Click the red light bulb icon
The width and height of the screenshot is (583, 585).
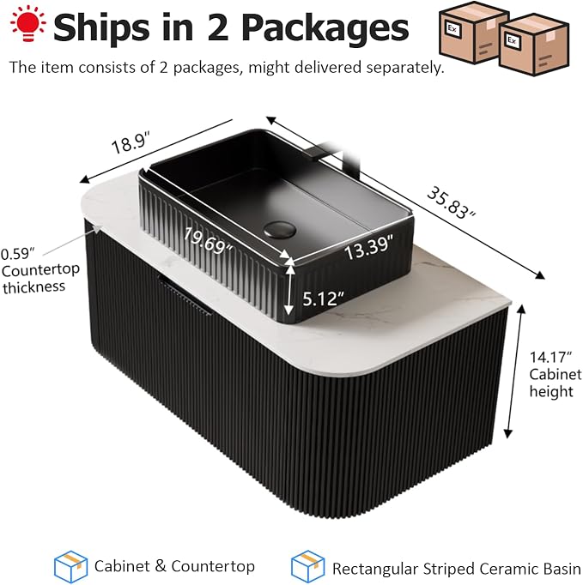point(28,23)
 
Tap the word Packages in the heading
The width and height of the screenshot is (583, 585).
point(325,28)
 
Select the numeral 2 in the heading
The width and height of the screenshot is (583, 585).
point(218,27)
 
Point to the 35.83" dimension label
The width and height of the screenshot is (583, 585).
point(451,202)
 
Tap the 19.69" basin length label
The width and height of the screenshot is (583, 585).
point(208,241)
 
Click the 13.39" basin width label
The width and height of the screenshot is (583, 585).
point(369,247)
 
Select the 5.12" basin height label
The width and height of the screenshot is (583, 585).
point(323,299)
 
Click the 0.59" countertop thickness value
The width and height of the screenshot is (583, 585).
point(18,254)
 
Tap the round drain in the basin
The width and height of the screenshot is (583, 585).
point(280,229)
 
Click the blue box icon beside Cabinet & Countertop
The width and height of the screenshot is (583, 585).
point(71,566)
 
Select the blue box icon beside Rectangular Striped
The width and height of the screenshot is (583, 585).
point(307,566)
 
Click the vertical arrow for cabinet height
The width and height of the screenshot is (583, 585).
point(514,371)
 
